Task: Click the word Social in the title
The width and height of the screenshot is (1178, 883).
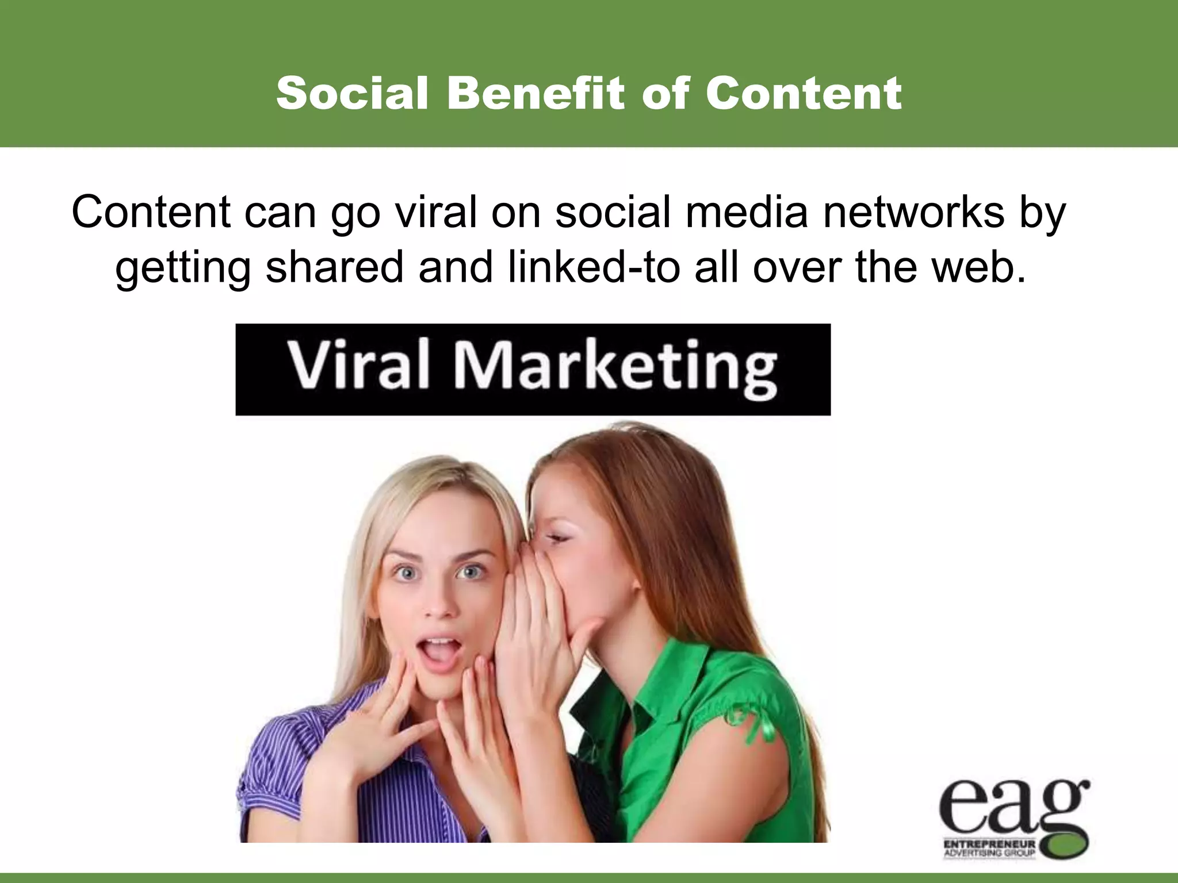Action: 352,93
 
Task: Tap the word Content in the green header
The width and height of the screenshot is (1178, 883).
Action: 804,93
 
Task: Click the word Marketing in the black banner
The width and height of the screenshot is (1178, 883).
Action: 615,368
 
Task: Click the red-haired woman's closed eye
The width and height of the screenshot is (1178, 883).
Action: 556,539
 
